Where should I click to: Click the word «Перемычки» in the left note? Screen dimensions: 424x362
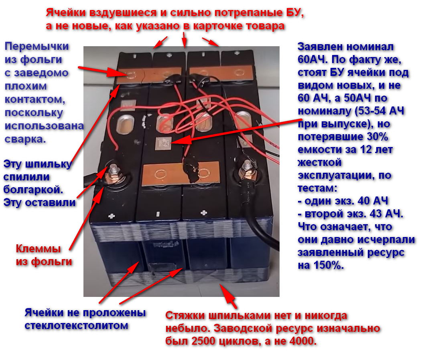(x=37, y=47)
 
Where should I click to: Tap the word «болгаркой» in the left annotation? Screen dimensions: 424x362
(x=33, y=189)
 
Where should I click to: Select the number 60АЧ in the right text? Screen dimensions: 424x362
(x=311, y=59)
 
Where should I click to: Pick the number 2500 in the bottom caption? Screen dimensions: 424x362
(x=205, y=341)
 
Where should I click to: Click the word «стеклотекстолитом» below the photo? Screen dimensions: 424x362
(x=76, y=325)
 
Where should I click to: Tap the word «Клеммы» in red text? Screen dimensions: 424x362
(x=39, y=249)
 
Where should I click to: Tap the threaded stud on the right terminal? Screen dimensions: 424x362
(x=247, y=166)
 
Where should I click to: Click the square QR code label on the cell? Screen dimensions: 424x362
(x=163, y=143)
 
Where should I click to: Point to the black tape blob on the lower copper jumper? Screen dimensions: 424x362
(x=191, y=171)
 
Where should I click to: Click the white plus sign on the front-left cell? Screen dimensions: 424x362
(x=112, y=216)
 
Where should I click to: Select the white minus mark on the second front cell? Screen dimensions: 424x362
(x=158, y=215)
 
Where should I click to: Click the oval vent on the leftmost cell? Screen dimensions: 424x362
(x=126, y=124)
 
